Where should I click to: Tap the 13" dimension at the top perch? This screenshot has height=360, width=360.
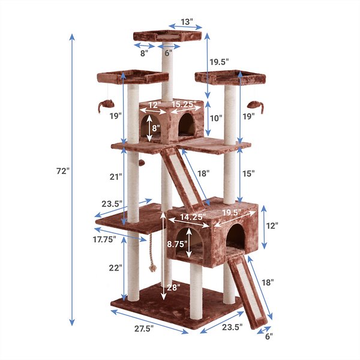coord(186,22)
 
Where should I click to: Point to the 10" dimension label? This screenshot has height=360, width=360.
coord(216,118)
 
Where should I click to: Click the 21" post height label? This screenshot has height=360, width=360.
coord(116,177)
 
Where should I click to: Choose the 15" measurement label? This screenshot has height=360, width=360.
coord(249,173)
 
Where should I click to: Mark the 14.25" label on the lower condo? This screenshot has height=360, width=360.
coord(191,216)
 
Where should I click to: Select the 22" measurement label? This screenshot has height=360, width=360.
coord(116,268)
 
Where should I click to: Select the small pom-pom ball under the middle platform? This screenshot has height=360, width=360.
coord(140,163)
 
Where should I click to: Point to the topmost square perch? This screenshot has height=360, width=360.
coord(167,36)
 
